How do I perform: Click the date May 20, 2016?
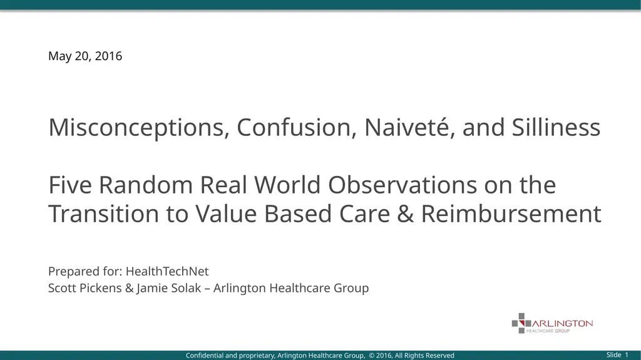pos(85,56)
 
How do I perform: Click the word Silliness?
pos(556,127)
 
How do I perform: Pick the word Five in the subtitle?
pos(70,185)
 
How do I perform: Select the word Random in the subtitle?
pos(145,185)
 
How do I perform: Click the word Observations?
pos(403,185)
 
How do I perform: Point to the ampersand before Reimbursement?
pos(406,214)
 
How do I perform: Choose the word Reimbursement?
pos(511,213)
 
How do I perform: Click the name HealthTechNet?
pos(167,271)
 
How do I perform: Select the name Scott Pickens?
pos(85,288)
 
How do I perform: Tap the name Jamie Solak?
pos(169,289)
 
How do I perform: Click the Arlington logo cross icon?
pos(521,323)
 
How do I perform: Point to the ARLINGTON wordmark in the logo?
pos(562,324)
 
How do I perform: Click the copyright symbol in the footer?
pos(372,356)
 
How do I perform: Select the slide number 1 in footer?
pos(627,355)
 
